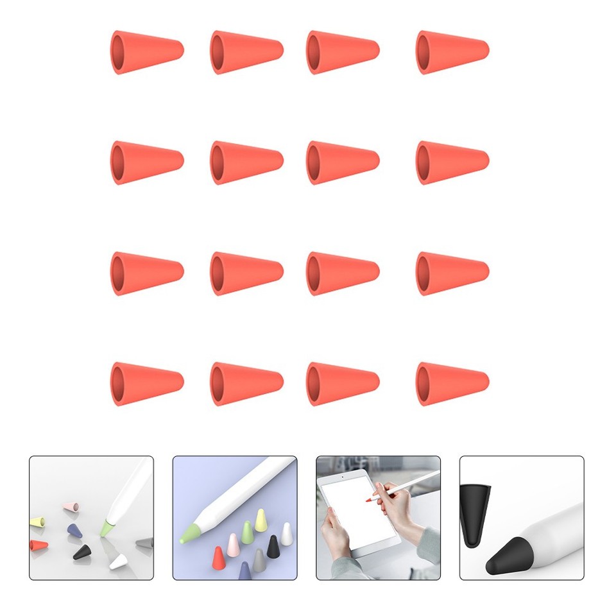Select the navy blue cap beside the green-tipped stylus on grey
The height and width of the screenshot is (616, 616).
[x=74, y=530]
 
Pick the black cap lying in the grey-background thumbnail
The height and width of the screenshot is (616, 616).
[x=81, y=551]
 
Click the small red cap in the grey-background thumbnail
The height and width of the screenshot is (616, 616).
[x=38, y=546]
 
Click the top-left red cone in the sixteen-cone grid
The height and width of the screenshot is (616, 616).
[x=147, y=52]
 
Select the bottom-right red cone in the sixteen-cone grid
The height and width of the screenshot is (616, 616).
[x=452, y=384]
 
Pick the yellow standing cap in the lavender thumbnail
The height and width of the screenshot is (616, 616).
[x=260, y=520]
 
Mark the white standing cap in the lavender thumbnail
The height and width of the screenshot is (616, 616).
[x=286, y=534]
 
